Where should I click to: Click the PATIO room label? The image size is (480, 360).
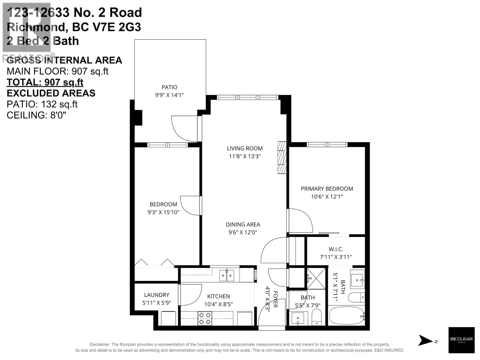point(169,87)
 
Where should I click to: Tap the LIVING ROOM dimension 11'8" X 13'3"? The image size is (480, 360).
point(245,156)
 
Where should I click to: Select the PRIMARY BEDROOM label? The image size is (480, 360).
point(327,189)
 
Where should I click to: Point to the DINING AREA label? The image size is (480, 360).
point(243,224)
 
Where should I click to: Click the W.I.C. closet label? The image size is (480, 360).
point(336,249)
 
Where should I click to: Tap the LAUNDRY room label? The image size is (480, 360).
point(156,295)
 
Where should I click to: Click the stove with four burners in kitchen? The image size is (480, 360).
point(205,319)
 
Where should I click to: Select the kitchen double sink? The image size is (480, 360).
point(226,275)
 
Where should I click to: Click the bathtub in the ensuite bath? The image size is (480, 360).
point(346,316)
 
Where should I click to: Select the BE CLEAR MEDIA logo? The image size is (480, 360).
point(461,340)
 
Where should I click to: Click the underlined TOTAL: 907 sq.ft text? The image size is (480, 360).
point(45,82)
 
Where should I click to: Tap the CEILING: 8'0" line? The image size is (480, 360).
point(36,115)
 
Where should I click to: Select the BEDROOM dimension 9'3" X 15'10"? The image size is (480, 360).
point(163,212)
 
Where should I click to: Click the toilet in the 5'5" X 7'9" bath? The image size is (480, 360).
point(316,317)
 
